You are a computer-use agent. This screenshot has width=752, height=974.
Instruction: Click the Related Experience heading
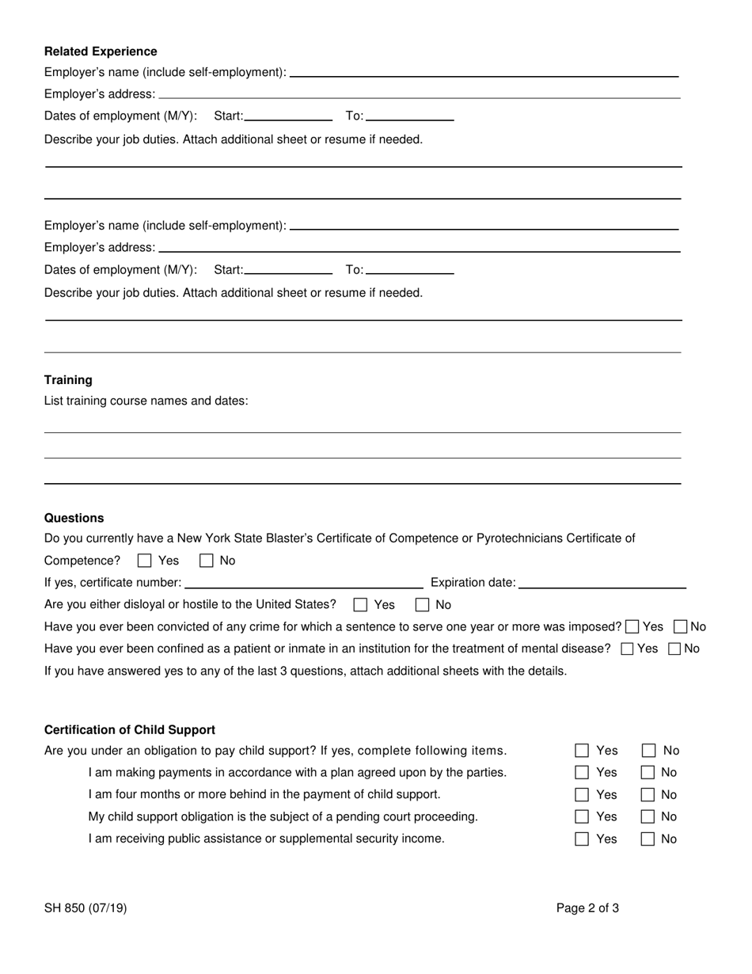pos(101,51)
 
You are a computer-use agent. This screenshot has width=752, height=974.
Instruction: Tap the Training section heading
pos(68,380)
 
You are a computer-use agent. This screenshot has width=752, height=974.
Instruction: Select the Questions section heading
pos(74,518)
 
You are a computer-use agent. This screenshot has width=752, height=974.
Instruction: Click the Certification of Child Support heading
pos(129,729)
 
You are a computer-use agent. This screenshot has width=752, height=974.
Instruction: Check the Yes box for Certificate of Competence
pos(144,561)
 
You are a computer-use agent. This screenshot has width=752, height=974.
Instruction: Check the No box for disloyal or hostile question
pos(423,605)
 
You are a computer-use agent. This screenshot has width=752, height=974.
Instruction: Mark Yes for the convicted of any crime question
pos(632,627)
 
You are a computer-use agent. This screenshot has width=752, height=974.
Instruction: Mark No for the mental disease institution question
pos(675,649)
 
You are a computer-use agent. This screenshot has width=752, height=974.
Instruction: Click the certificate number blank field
pos(303,583)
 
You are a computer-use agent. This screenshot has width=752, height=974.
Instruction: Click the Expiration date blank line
pos(602,583)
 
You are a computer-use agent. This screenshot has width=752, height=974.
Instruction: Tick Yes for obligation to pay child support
pos(582,751)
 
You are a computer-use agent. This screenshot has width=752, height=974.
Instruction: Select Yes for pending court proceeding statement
pos(582,817)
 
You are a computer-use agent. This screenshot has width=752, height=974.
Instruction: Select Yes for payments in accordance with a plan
pos(582,773)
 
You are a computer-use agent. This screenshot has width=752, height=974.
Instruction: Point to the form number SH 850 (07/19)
pos(85,908)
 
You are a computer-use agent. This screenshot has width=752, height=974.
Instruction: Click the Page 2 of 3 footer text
pos(587,908)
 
